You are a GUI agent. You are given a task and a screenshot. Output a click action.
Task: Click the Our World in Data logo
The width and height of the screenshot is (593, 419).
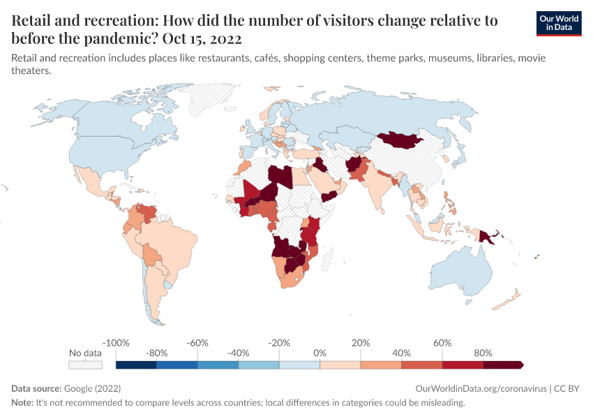point(558,23)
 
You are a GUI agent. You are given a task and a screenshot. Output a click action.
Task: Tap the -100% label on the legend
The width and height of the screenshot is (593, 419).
point(116,343)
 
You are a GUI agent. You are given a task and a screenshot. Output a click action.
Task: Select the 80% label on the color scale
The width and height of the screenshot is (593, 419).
point(483,353)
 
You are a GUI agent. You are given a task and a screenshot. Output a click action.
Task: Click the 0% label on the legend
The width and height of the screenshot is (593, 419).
point(320,353)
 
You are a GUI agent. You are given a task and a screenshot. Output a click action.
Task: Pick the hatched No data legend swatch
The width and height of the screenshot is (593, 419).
point(85,365)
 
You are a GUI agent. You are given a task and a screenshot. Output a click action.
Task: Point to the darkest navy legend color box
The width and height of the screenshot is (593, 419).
point(136,365)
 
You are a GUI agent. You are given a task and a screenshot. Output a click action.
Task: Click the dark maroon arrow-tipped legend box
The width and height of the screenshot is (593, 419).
point(503,365)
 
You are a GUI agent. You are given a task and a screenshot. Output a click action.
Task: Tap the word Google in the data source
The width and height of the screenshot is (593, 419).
point(77,388)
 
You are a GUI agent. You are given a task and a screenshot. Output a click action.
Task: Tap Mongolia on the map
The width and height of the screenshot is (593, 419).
point(401,140)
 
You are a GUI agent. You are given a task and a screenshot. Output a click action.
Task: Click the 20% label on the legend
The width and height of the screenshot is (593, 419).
point(361,343)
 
